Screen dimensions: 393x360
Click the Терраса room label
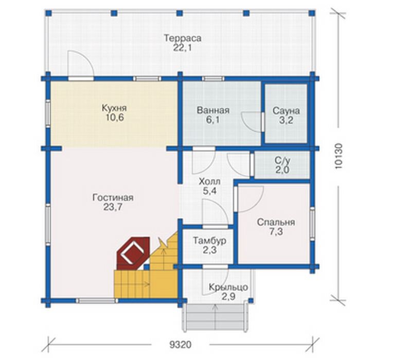(183, 38)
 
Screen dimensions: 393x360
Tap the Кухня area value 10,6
(115, 117)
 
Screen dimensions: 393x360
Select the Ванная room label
(213, 110)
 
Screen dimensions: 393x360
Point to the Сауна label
(286, 111)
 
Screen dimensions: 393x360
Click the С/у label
(282, 160)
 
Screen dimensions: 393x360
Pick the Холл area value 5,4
(209, 191)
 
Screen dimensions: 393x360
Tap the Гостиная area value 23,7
(113, 207)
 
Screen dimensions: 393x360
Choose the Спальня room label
(276, 222)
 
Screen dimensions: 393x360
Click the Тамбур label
(209, 241)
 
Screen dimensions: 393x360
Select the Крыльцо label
(228, 287)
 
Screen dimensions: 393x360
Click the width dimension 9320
(181, 345)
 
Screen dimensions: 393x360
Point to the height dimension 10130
(338, 156)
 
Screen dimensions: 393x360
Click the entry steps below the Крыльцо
(216, 318)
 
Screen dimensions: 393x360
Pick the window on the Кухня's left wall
(48, 113)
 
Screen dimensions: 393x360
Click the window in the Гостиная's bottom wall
(96, 300)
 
